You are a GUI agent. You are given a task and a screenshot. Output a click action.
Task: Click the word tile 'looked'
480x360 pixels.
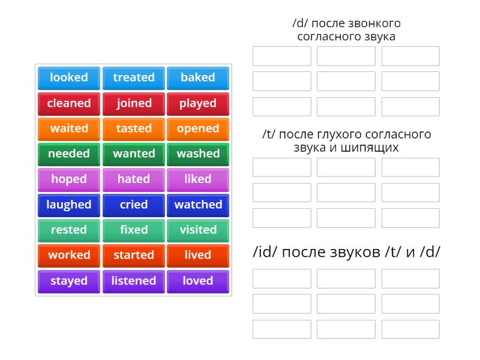[69, 78]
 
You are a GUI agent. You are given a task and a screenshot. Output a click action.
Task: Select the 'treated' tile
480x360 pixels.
[134, 78]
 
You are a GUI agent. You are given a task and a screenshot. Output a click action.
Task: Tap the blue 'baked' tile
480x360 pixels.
[198, 78]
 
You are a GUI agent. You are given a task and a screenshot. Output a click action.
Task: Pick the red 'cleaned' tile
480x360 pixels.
[69, 103]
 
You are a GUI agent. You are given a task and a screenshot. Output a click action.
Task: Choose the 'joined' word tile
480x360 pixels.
[134, 103]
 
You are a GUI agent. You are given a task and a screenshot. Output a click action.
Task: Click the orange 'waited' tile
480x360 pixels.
[69, 128]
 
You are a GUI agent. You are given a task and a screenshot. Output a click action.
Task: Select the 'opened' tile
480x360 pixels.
[198, 128]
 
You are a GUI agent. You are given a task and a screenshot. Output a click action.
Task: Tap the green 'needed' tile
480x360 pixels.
[69, 154]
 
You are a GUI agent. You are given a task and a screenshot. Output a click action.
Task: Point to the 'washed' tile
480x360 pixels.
[198, 154]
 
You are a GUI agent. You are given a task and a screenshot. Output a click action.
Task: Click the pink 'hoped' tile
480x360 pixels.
[69, 179]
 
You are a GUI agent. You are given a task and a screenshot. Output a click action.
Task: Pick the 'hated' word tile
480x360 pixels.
[134, 179]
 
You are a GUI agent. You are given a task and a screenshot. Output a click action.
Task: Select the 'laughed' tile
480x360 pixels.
[69, 205]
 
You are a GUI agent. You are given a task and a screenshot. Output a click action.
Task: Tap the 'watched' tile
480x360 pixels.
[198, 205]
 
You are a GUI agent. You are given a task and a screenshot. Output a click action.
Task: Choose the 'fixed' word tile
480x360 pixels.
[134, 230]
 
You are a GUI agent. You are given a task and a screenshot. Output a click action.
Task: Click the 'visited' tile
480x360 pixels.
[198, 230]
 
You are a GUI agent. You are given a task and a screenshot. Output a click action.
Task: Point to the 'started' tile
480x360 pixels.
[134, 255]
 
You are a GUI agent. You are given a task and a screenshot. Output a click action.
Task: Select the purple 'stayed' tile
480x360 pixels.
[69, 281]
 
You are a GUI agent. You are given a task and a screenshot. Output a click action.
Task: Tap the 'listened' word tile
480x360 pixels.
[134, 281]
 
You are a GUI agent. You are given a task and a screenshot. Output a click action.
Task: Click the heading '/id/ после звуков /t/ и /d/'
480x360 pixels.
[346, 251]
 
